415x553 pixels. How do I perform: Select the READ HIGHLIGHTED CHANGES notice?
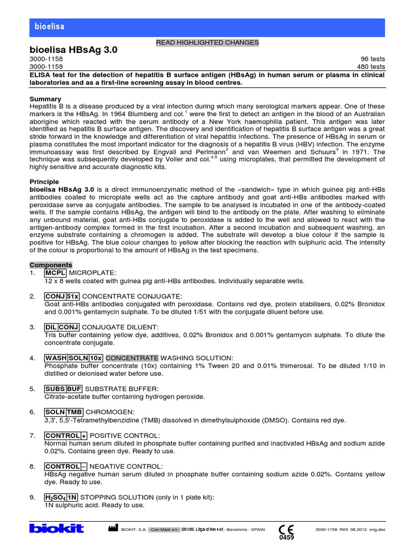(207, 42)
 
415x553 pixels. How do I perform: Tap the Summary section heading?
(45, 99)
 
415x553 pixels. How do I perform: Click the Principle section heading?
(44, 182)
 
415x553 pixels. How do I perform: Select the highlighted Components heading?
(51, 265)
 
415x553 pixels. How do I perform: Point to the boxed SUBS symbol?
(55, 389)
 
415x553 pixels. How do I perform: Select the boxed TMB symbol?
(74, 412)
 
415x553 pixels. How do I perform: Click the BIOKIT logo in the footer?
(57, 528)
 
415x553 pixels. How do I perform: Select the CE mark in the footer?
(286, 529)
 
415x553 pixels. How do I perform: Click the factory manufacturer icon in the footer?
(112, 528)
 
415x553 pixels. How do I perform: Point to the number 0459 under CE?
(286, 538)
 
